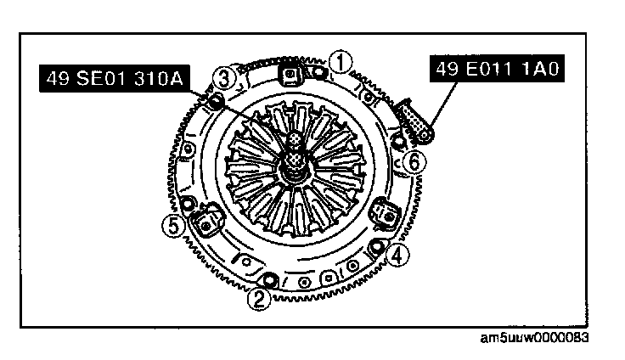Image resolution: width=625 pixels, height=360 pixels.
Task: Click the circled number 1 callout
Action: [x=341, y=62]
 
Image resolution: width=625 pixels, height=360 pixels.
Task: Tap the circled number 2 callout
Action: [x=259, y=299]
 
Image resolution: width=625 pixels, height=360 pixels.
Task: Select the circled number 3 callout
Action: [x=224, y=78]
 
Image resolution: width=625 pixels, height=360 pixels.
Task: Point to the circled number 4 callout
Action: [x=397, y=255]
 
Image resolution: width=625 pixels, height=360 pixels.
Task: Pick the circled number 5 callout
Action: [x=174, y=226]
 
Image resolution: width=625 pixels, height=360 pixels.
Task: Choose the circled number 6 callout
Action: [x=414, y=162]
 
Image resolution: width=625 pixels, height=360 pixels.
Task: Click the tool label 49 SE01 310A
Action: [x=115, y=79]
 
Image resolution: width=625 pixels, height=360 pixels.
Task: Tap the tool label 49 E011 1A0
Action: [x=497, y=69]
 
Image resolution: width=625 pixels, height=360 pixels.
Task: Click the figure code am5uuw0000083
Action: [x=534, y=339]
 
